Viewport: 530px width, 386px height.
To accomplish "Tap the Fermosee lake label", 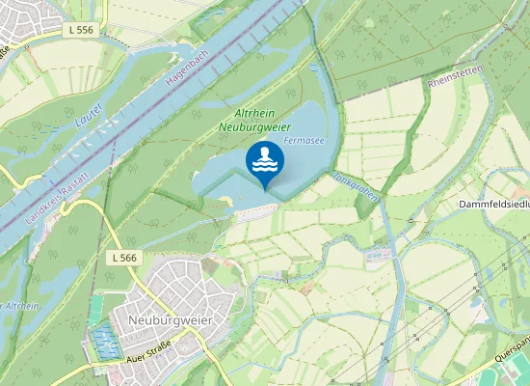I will pos(303,141).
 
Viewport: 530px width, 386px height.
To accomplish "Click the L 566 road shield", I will pos(124,258).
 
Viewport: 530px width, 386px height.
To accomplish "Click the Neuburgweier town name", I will pos(170,319).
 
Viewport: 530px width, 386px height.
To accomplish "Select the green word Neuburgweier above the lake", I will pos(255,125).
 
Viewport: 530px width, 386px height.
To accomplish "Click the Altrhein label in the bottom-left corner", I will pos(21,306).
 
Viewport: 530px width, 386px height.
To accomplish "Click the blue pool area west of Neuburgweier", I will pos(102,340).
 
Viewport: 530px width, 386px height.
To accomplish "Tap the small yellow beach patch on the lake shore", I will pos(225,200).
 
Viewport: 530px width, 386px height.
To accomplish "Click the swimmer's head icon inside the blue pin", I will pos(265,152).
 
